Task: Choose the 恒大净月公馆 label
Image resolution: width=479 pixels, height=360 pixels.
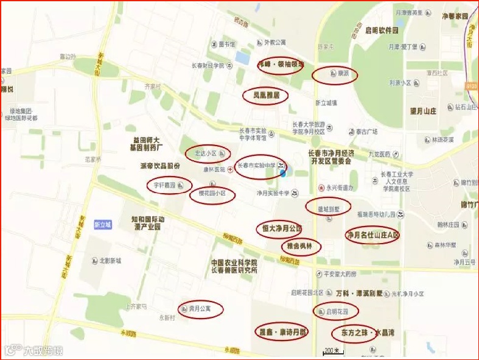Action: tap(278, 228)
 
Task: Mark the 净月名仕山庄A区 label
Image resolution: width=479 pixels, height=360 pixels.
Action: tap(372, 235)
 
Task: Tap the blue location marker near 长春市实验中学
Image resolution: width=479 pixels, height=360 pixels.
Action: tap(283, 172)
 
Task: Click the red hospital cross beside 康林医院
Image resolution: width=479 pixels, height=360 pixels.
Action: tap(229, 170)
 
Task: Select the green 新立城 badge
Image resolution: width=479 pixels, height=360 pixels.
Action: tap(103, 225)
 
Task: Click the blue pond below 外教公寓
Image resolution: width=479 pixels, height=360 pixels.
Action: tap(242, 58)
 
